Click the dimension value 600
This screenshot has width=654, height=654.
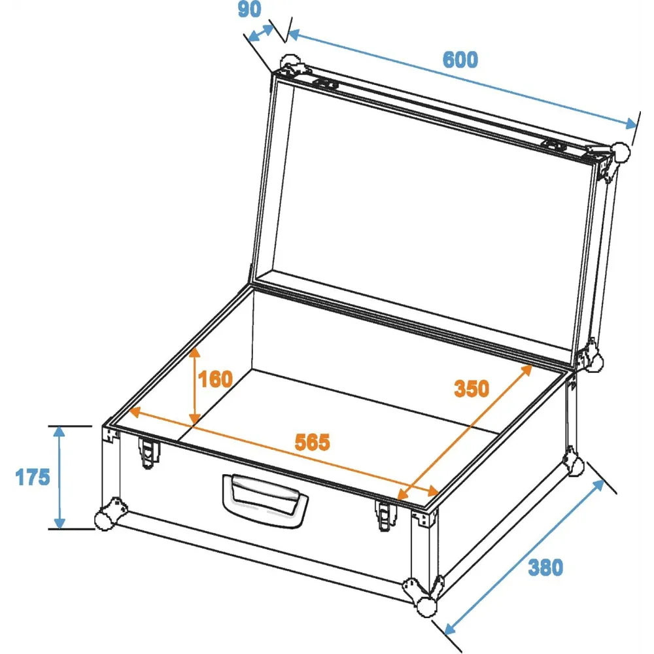(x=460, y=60)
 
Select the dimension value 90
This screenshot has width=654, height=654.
(x=249, y=9)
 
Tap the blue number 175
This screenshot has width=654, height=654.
(x=33, y=477)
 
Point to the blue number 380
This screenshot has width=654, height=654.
(x=545, y=568)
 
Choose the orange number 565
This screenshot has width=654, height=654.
(x=313, y=442)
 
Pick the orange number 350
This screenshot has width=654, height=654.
(x=472, y=388)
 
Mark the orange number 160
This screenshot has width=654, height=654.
(x=216, y=379)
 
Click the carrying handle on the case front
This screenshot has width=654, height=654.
(x=266, y=500)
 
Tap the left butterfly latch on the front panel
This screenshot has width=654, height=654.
(x=148, y=453)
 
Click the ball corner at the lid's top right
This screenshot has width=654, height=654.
(x=620, y=152)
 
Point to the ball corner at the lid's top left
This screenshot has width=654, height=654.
(x=290, y=63)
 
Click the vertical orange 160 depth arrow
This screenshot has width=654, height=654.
(x=195, y=387)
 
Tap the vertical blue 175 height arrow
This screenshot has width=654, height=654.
(x=60, y=477)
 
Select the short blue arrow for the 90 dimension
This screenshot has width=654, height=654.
(x=261, y=33)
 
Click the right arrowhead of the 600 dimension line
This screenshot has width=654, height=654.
(x=629, y=123)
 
